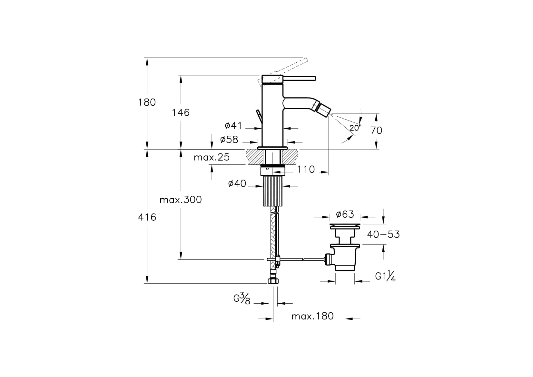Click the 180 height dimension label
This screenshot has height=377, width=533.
(147, 102)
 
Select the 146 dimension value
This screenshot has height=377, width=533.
(181, 113)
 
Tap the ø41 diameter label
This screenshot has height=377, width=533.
(233, 125)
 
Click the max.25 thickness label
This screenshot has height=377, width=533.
(212, 157)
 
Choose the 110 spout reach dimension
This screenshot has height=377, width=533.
(306, 169)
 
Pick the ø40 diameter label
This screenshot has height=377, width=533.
(237, 183)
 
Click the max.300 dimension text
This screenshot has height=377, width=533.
(181, 200)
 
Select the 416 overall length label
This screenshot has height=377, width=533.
(147, 217)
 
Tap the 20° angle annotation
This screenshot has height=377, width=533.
(355, 128)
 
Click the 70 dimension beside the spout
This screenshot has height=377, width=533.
(376, 131)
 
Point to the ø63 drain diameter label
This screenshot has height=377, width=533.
(345, 214)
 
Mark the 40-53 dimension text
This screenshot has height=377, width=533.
(383, 234)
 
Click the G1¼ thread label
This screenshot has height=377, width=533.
(385, 277)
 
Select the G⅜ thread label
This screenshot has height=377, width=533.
(242, 299)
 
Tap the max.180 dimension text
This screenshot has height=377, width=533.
(312, 316)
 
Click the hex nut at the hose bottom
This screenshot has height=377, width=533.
(273, 281)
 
